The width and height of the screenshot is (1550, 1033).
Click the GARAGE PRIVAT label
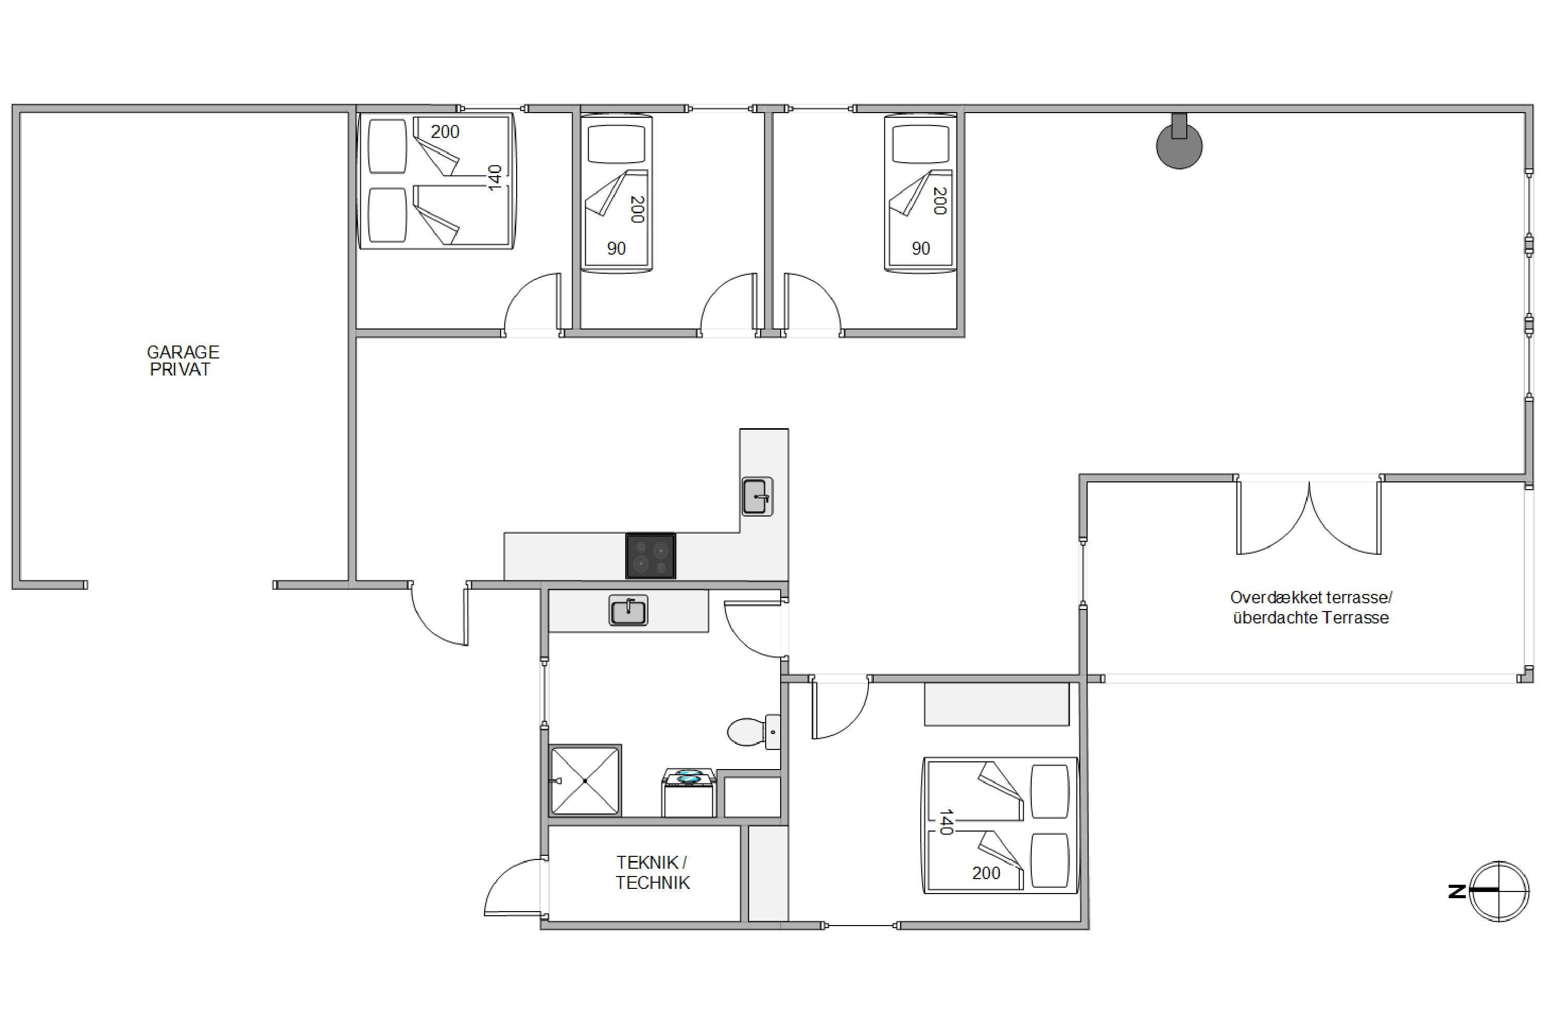tap(182, 361)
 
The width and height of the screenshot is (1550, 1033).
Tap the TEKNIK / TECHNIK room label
tap(653, 873)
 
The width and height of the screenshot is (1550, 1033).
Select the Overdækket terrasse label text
tap(1311, 598)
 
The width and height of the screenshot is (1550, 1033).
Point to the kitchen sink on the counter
tap(757, 496)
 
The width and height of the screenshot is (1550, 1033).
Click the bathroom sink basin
tap(628, 610)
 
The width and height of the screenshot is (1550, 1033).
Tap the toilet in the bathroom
tap(754, 731)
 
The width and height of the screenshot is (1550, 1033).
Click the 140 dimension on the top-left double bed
tap(495, 178)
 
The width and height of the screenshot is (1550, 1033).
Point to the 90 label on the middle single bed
tap(616, 248)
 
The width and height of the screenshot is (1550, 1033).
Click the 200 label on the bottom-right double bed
tap(986, 873)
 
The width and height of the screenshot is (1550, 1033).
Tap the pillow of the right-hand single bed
tap(921, 143)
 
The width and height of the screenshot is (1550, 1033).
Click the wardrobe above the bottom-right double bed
tap(997, 705)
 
